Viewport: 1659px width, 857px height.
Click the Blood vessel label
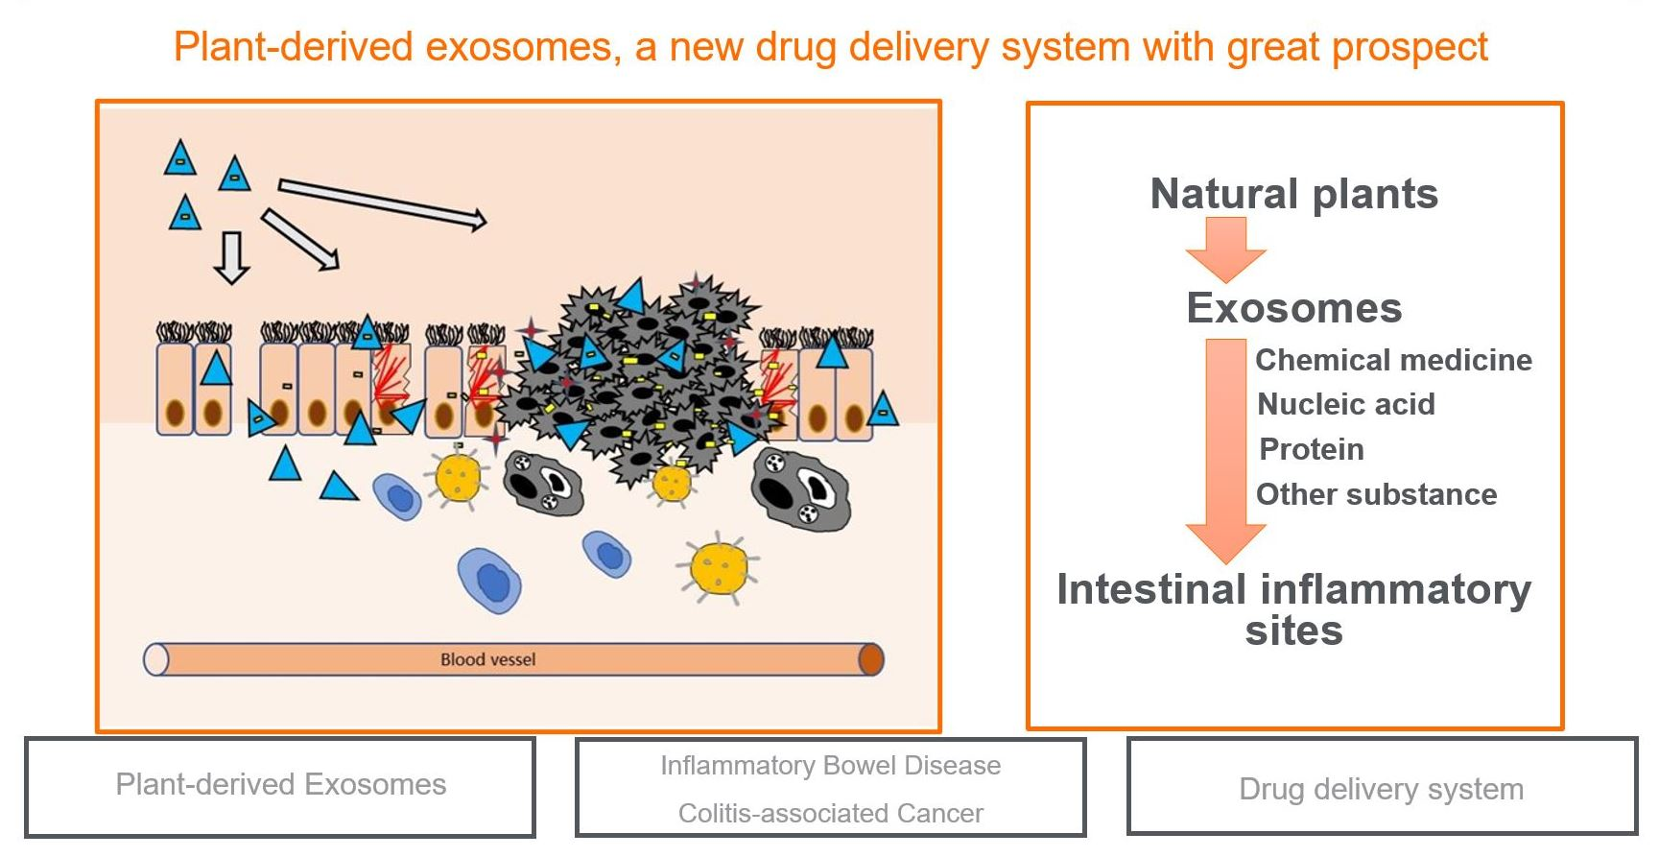click(x=487, y=659)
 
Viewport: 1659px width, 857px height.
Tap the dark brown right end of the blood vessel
click(x=870, y=659)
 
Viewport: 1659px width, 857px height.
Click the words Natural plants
click(x=1293, y=194)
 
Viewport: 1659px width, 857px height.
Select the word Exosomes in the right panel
click(x=1293, y=308)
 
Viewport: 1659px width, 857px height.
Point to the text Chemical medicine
click(x=1393, y=360)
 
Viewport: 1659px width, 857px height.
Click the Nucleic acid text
click(x=1346, y=404)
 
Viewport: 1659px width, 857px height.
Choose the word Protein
click(x=1311, y=449)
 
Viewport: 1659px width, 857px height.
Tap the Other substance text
click(x=1376, y=494)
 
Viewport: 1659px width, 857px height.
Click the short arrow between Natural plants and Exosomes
click(x=1225, y=248)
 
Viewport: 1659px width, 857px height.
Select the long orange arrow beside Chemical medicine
click(x=1225, y=441)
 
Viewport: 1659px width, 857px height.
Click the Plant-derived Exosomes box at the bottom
click(x=280, y=786)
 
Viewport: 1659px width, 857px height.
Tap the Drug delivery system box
click(x=1381, y=788)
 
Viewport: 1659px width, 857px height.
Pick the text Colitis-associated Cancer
click(x=830, y=813)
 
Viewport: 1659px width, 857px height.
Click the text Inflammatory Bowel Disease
click(x=830, y=765)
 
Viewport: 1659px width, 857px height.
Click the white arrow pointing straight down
click(x=231, y=257)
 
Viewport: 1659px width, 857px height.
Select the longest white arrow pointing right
click(x=382, y=203)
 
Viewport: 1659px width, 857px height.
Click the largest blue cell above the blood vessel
click(x=490, y=580)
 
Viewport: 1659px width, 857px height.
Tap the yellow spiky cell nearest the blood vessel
click(x=719, y=567)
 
